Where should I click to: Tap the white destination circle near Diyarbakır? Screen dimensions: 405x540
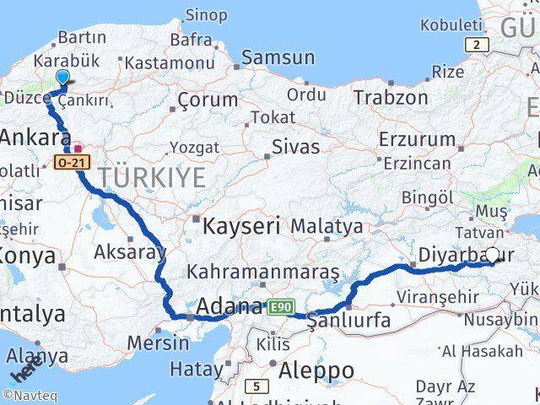pyautogui.click(x=493, y=255)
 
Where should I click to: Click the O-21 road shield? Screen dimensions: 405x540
pyautogui.click(x=68, y=160)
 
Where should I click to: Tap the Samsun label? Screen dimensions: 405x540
pyautogui.click(x=278, y=57)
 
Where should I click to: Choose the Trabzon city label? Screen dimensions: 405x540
pyautogui.click(x=391, y=97)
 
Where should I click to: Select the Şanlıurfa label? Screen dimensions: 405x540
pyautogui.click(x=348, y=321)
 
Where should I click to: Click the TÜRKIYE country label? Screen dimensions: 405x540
pyautogui.click(x=152, y=177)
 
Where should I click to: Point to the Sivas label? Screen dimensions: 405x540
pyautogui.click(x=295, y=147)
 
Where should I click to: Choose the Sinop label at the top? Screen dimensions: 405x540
pyautogui.click(x=206, y=14)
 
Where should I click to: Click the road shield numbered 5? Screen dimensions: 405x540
pyautogui.click(x=256, y=387)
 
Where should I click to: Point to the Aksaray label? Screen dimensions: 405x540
pyautogui.click(x=131, y=252)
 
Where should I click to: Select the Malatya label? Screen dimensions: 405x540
pyautogui.click(x=327, y=226)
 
